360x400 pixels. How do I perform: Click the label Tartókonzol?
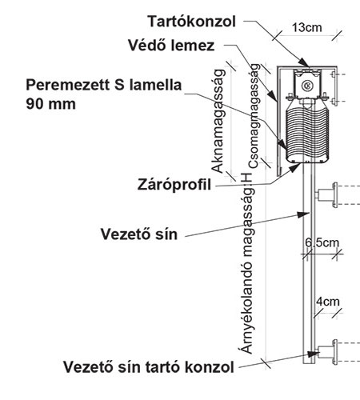tap(192, 22)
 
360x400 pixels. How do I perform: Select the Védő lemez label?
tap(171, 46)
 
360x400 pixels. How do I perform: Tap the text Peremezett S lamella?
tap(104, 86)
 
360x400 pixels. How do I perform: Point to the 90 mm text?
tap(50, 104)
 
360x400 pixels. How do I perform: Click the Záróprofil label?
tap(174, 185)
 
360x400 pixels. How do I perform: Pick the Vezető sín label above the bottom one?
tap(139, 234)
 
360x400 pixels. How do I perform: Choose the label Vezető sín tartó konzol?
tap(149, 367)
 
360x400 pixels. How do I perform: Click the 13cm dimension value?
tap(307, 27)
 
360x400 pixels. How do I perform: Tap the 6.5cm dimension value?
tap(322, 242)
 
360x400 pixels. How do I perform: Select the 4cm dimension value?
tap(328, 302)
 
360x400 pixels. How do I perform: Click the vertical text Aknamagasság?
tap(218, 122)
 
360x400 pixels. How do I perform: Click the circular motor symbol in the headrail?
tap(306, 86)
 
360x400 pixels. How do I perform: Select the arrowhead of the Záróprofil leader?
tap(295, 168)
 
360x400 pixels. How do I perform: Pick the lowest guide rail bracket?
tap(326, 352)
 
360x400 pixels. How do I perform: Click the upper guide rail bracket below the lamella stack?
tap(326, 195)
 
